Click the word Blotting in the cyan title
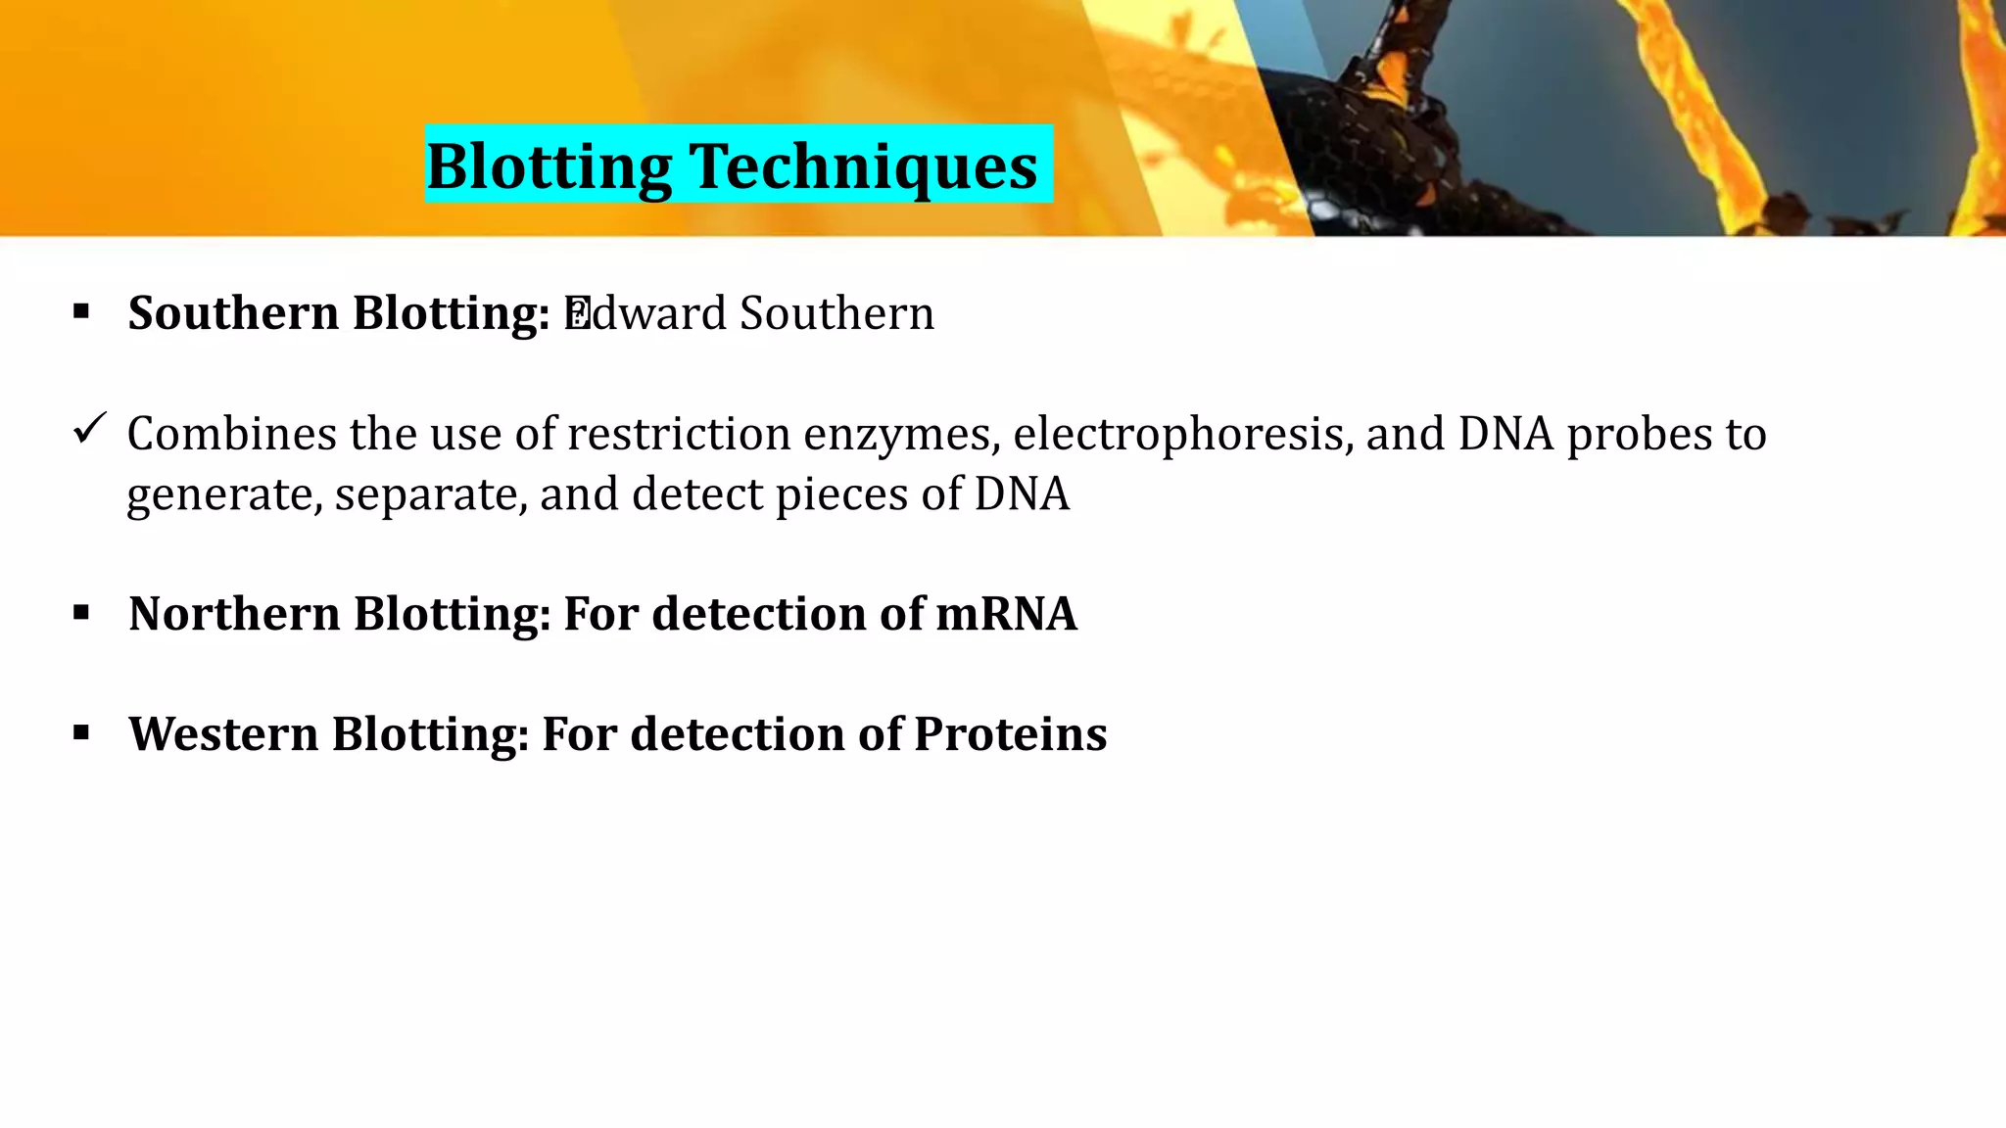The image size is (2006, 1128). (549, 166)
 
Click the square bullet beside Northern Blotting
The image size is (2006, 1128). (81, 613)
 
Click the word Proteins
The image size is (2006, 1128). (1010, 734)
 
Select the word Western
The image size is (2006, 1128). (223, 734)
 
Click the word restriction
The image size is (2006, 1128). (679, 434)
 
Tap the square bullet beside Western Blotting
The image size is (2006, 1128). (81, 733)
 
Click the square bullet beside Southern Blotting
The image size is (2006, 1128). (81, 312)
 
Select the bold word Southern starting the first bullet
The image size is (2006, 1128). (233, 313)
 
